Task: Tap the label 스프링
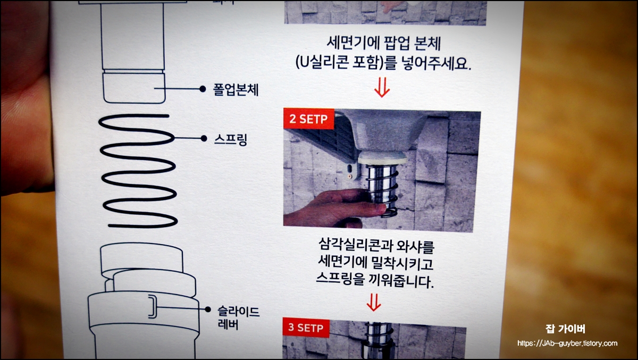coord(230,140)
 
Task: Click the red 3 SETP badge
coord(305,328)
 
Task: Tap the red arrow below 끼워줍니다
coord(374,303)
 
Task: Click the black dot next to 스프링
coord(203,139)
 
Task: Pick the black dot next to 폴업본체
coord(202,89)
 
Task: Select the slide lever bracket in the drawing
coord(152,306)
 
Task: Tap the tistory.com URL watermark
coord(567,344)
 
